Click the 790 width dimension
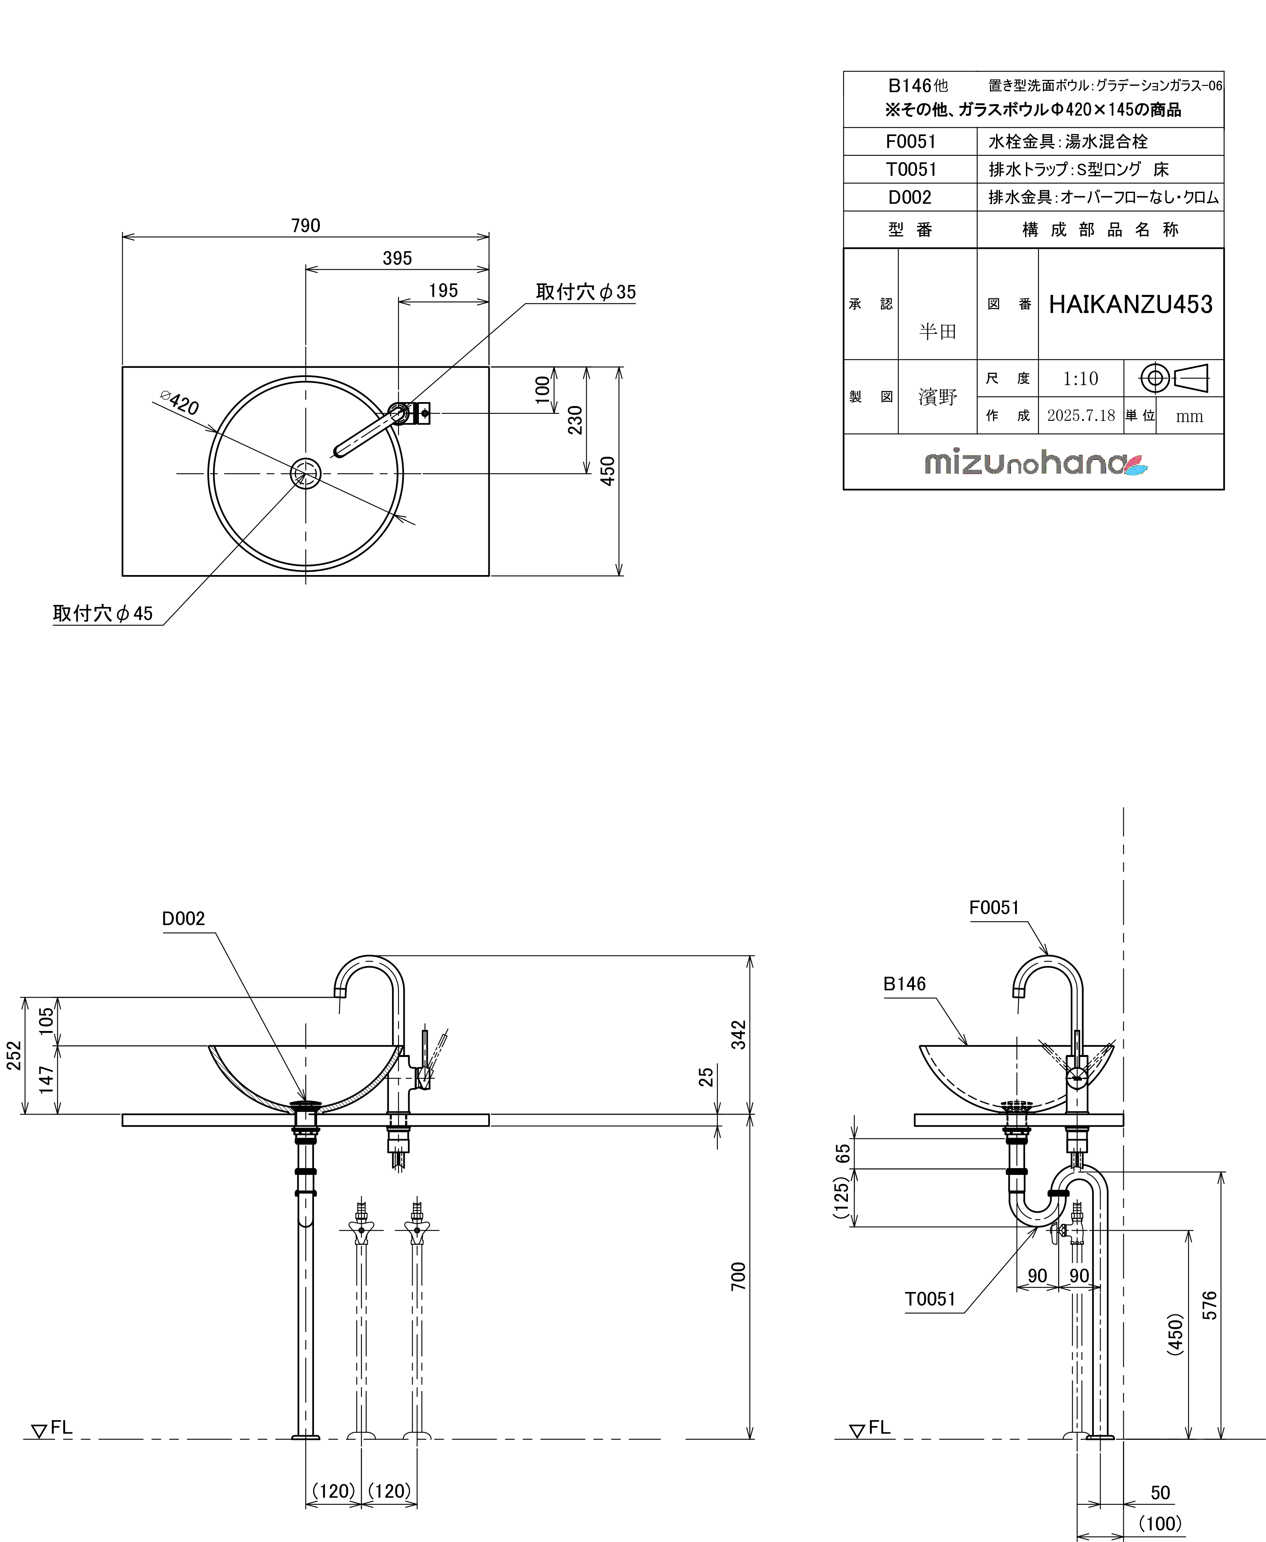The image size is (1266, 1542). click(306, 225)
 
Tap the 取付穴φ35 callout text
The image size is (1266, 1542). click(585, 292)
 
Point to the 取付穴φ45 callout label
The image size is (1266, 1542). click(103, 614)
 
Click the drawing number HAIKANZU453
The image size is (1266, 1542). click(1130, 304)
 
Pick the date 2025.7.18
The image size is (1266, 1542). click(1081, 415)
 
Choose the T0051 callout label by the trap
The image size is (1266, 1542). click(930, 1299)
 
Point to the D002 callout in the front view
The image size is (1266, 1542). click(183, 918)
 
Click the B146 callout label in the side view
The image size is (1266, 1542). click(904, 984)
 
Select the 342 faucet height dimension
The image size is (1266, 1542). click(738, 1034)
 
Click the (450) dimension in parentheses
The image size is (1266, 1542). click(1175, 1334)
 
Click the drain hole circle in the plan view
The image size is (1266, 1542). click(306, 473)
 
